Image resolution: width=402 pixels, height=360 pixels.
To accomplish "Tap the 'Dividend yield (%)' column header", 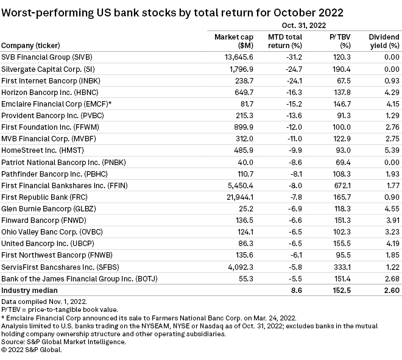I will click(384, 41).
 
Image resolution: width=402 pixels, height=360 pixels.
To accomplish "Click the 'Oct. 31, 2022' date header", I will click(303, 26).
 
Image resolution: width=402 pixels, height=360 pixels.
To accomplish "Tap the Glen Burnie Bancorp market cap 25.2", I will click(235, 208).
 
